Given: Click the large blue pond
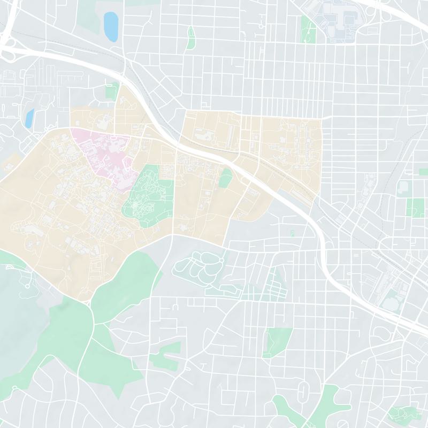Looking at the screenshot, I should pyautogui.click(x=111, y=26).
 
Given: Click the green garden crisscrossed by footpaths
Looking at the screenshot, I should pyautogui.click(x=147, y=193).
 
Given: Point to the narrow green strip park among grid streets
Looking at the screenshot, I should pyautogui.click(x=190, y=39).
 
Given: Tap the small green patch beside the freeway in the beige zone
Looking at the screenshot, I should pyautogui.click(x=225, y=178).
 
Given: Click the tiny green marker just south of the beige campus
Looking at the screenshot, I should pyautogui.click(x=292, y=233).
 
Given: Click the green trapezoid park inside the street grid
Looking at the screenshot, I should pyautogui.click(x=277, y=342).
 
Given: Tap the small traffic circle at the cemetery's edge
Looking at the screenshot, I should pyautogui.click(x=221, y=261).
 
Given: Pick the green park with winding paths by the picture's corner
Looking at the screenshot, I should pyautogui.click(x=401, y=413).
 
